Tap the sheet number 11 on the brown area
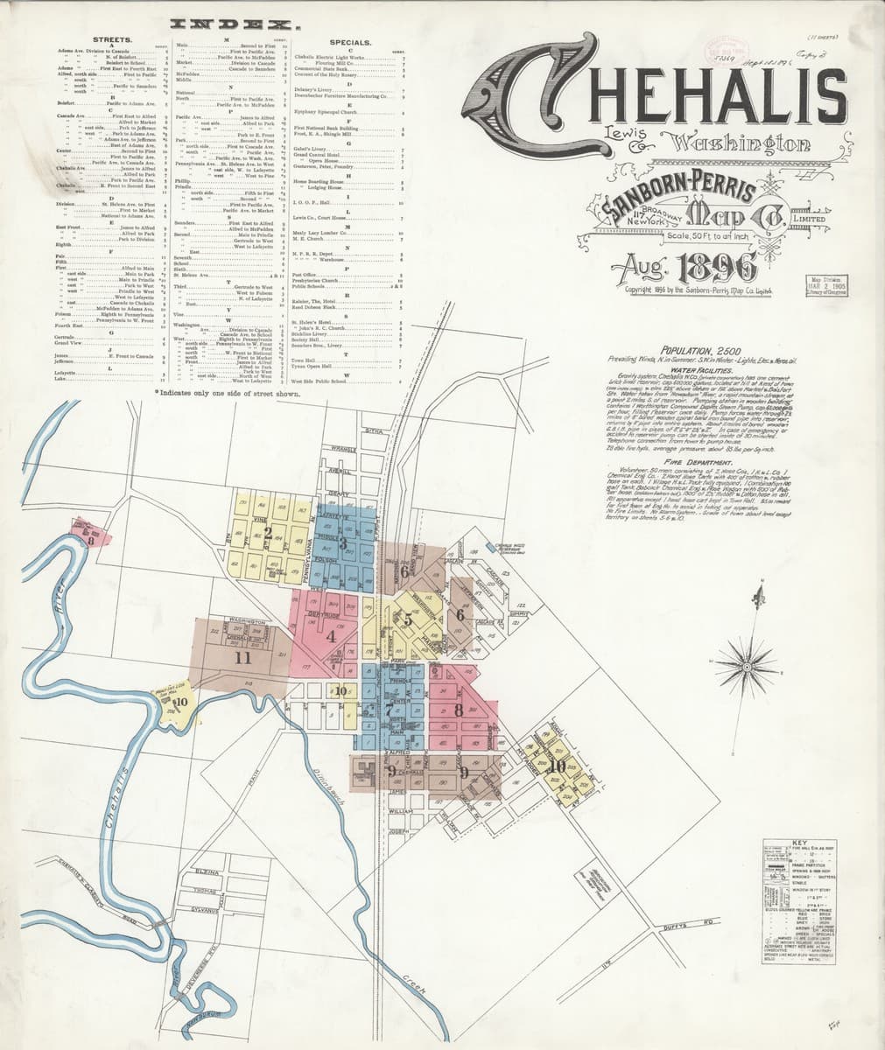(x=243, y=657)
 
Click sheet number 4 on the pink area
(x=330, y=636)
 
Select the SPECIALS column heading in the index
(x=352, y=40)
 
